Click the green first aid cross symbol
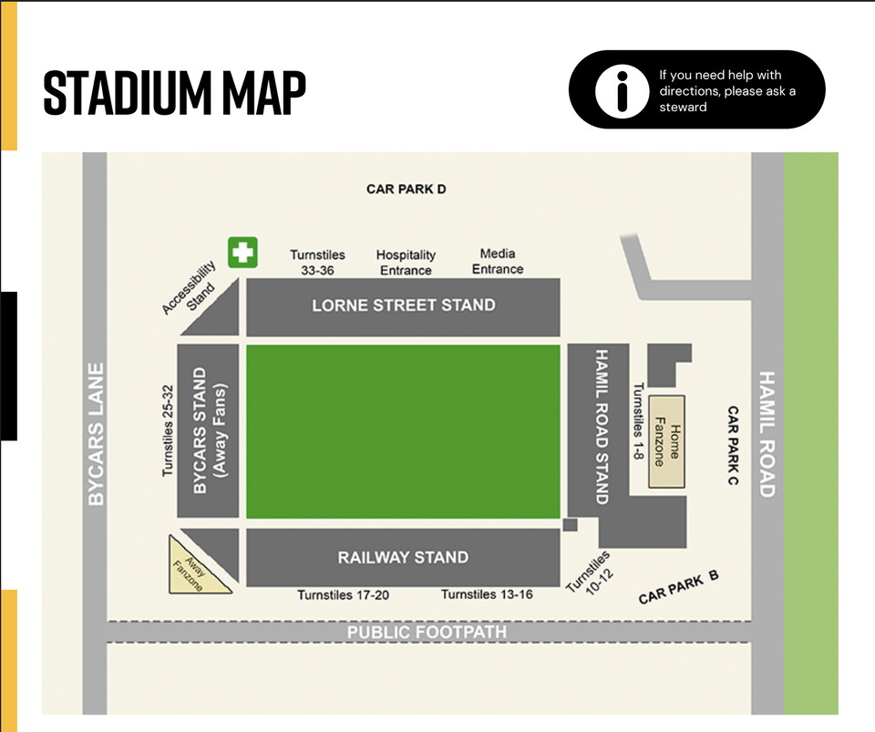[x=242, y=253]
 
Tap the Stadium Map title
[x=174, y=91]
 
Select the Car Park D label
[x=407, y=190]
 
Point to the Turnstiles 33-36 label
[x=317, y=263]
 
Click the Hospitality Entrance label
[x=406, y=263]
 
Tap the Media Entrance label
[x=498, y=262]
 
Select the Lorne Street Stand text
[x=404, y=305]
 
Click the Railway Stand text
[x=403, y=557]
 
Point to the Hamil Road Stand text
[x=601, y=426]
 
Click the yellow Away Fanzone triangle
[x=196, y=567]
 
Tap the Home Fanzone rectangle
[x=667, y=431]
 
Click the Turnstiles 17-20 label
[x=344, y=595]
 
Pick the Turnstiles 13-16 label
[x=488, y=595]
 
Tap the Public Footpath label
[x=427, y=632]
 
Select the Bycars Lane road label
[x=96, y=434]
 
